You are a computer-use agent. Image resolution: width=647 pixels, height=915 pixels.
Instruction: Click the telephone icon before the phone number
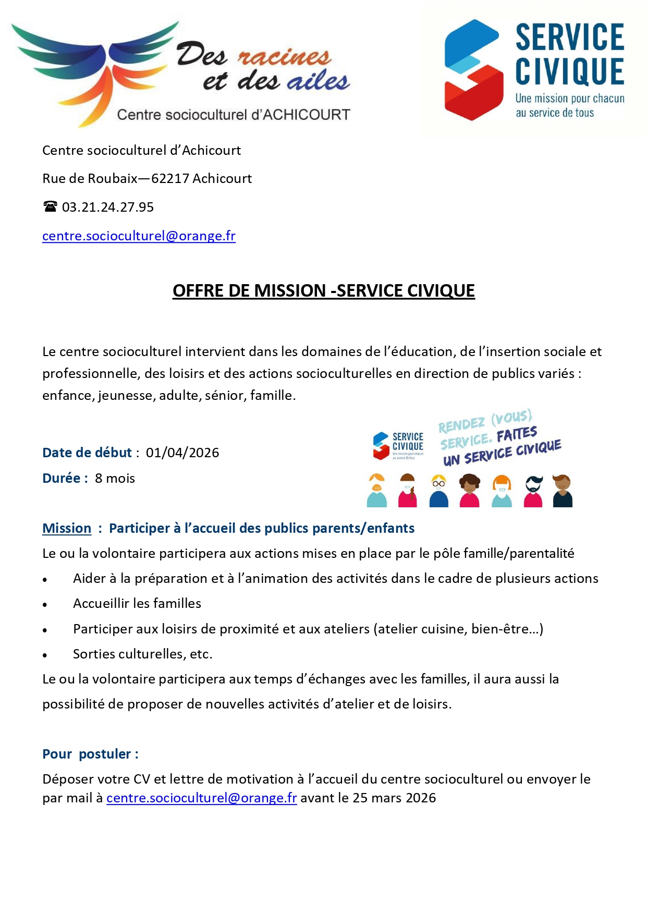(x=50, y=206)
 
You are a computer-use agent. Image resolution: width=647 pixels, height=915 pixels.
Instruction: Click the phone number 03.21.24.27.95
(x=108, y=208)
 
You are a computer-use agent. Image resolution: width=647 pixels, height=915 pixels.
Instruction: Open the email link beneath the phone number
(x=139, y=236)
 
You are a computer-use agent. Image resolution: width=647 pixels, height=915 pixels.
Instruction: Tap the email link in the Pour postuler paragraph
(x=201, y=798)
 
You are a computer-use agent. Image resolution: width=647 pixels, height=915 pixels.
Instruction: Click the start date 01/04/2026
(x=182, y=453)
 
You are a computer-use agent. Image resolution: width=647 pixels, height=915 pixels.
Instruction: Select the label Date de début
(x=87, y=453)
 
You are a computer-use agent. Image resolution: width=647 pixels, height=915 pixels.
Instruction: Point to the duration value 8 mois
(x=115, y=478)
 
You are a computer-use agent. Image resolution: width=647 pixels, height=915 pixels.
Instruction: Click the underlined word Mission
(x=67, y=528)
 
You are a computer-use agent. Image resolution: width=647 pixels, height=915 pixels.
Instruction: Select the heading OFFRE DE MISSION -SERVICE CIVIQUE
(x=323, y=290)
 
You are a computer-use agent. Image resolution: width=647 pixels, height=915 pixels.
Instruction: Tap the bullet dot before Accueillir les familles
(x=45, y=605)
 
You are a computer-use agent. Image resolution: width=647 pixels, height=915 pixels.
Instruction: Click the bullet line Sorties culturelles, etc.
(x=142, y=654)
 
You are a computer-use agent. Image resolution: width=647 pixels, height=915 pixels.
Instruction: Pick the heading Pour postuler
(x=90, y=754)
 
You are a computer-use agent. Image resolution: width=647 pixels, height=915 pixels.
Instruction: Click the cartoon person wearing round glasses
(x=439, y=491)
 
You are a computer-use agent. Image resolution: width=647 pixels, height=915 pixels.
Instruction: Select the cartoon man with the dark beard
(x=533, y=491)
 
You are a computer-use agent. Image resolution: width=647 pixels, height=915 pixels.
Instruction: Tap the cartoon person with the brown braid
(x=408, y=491)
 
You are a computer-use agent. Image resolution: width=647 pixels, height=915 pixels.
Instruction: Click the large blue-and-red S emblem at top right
(x=473, y=70)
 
